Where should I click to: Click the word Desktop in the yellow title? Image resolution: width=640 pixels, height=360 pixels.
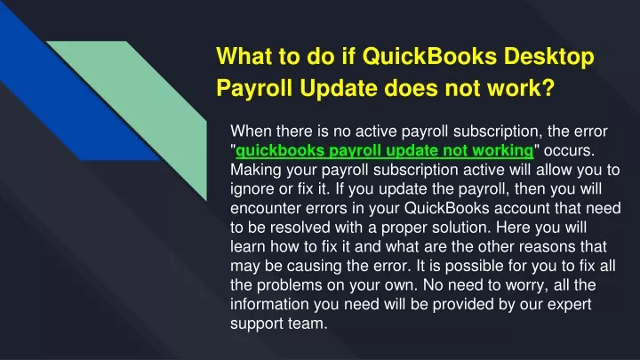549,56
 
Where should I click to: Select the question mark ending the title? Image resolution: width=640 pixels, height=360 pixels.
548,87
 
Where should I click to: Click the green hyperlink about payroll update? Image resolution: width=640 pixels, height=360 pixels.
385,150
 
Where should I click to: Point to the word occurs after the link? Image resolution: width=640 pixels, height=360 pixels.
569,150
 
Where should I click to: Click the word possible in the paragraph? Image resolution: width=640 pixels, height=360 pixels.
475,266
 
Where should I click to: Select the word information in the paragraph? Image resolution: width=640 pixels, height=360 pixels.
270,304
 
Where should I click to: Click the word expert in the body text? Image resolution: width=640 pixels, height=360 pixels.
570,305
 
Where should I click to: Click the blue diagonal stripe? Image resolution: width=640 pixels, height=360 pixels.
82,102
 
